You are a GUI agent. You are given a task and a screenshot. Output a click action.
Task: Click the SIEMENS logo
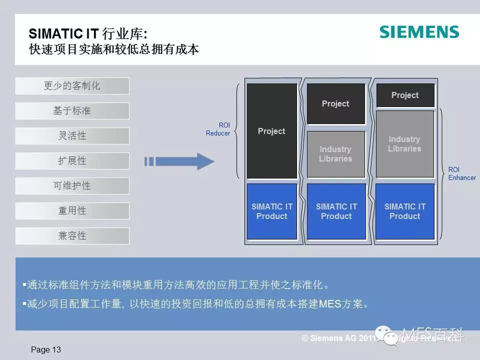pos(419,32)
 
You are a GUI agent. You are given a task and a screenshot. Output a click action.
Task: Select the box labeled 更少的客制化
pos(72,86)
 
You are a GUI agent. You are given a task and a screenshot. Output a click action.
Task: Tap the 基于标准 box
pos(72,111)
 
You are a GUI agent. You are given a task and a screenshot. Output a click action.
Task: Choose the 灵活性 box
pos(72,136)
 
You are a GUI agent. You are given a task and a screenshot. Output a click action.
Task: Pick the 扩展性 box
pos(72,161)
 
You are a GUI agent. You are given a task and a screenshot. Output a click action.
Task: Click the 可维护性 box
pos(72,186)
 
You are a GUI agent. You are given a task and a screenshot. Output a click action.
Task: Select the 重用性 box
pos(72,211)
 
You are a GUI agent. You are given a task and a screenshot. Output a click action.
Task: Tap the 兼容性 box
pos(72,236)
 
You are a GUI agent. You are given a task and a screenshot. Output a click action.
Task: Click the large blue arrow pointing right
pos(185,161)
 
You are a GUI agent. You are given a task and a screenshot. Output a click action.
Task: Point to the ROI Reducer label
pos(218,129)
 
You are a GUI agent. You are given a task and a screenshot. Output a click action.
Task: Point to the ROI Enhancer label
pos(461,173)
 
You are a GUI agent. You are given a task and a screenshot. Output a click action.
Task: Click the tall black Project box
pos(271,131)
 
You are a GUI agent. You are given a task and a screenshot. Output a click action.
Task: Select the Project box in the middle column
pos(335,103)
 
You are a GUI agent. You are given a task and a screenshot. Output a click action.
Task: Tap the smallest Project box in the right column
pos(405,95)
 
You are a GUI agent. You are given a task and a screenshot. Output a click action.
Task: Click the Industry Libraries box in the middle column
pos(335,154)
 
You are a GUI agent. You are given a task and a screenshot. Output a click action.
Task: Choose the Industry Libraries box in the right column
pos(404,144)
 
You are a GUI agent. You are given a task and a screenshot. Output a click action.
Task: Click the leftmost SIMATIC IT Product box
pos(271,211)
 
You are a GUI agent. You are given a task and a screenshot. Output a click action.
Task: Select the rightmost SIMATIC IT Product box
pos(404,211)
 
